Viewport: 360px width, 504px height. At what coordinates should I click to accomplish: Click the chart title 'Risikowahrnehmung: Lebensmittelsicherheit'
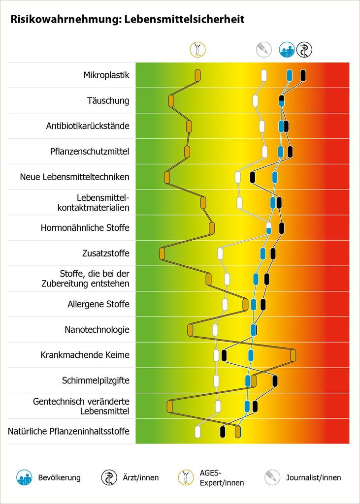(127, 20)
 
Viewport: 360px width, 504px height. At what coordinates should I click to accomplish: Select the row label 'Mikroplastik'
(106, 75)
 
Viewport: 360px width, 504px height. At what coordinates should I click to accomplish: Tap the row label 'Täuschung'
(108, 101)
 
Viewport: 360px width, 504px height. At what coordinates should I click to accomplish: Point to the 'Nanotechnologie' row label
(97, 330)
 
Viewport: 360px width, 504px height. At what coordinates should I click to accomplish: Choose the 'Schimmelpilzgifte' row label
(96, 380)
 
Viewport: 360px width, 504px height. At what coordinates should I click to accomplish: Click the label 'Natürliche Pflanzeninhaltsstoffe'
(68, 432)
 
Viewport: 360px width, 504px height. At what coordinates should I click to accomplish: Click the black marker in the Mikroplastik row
(303, 75)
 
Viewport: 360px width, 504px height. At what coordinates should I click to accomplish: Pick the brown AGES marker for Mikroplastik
(197, 75)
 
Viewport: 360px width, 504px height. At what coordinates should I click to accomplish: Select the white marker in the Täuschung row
(255, 101)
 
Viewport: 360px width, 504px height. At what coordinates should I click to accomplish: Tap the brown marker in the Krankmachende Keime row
(293, 355)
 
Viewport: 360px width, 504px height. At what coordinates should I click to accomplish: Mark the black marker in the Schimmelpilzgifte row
(275, 380)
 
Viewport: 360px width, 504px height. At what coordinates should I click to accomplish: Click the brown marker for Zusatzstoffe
(162, 253)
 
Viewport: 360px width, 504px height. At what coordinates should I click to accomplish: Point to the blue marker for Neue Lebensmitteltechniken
(275, 177)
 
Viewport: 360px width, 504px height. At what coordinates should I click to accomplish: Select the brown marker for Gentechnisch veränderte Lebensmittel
(169, 406)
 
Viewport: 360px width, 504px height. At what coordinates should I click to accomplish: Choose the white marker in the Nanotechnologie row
(215, 330)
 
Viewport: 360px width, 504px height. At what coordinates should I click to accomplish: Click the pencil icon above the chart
(263, 49)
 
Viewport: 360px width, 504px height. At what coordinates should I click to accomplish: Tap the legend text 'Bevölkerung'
(59, 477)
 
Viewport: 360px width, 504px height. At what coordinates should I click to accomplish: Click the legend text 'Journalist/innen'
(313, 477)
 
